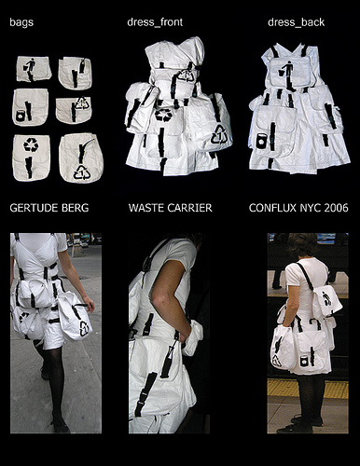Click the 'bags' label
pyautogui.click(x=21, y=22)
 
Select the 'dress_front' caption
pyautogui.click(x=155, y=22)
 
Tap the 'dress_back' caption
pyautogui.click(x=296, y=22)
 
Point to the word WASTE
pyautogui.click(x=145, y=208)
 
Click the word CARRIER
pyautogui.click(x=189, y=208)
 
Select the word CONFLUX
pyautogui.click(x=272, y=208)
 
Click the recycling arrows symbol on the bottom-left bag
pyautogui.click(x=31, y=144)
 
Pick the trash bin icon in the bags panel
pyautogui.click(x=21, y=116)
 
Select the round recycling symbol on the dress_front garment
pyautogui.click(x=163, y=115)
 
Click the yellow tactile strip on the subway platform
pyautogui.click(x=308, y=389)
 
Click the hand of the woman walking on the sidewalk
pyautogui.click(x=90, y=305)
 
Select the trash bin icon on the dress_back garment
pyautogui.click(x=262, y=141)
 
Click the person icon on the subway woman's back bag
pyautogui.click(x=327, y=298)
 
